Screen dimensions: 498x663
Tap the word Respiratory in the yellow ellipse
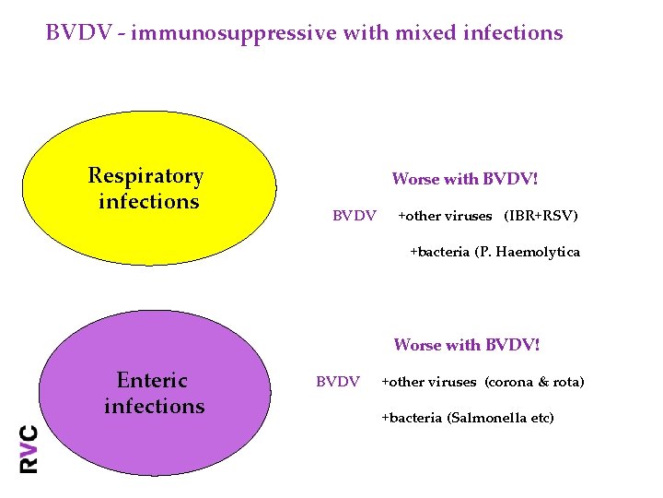145,175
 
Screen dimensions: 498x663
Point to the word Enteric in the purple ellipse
152,380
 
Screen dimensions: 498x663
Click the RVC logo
29,448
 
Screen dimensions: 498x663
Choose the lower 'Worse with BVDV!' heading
467,345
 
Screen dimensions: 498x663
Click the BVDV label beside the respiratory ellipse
354,216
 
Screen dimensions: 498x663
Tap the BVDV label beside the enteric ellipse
338,382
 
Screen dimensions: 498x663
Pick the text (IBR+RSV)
541,216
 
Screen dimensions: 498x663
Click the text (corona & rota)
534,382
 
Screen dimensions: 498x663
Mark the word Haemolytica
538,252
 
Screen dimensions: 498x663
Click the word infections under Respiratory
148,201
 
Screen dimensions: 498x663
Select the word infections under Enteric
154,406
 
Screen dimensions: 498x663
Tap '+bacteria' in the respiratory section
439,252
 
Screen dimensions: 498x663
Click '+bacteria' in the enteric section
412,418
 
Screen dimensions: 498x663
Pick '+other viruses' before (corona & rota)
428,382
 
